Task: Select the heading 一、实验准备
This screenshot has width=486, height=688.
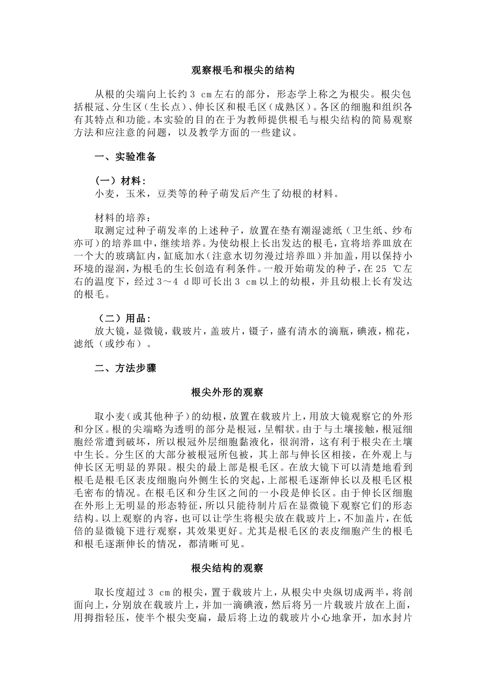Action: coord(125,157)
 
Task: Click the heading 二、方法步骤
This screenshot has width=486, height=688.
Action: coord(125,368)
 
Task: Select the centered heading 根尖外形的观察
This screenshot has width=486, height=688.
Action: coord(227,393)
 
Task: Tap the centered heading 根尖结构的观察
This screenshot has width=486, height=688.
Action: coord(227,568)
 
